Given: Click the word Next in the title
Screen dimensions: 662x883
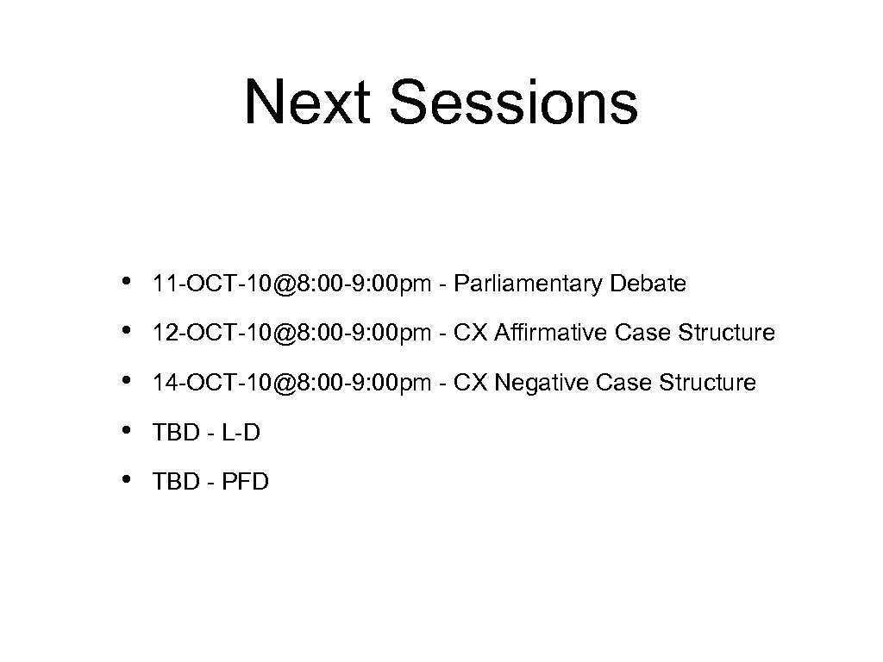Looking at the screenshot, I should pos(310,102).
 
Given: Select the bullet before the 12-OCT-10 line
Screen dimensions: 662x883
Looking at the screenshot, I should pos(127,330).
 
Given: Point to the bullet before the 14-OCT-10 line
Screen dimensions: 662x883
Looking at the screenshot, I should pos(127,380).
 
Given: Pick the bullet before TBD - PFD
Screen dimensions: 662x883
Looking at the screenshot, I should pos(127,479).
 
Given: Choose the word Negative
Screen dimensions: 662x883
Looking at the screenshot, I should pos(538,383).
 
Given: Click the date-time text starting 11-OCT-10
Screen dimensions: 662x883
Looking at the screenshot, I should pos(290,284).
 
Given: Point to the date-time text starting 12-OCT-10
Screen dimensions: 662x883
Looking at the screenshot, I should pos(290,333).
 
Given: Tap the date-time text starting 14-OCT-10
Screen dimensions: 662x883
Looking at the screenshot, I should pos(290,383).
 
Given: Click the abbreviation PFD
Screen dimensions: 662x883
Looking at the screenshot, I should pos(245,482).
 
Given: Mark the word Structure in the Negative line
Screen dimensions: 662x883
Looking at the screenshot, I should pos(709,383).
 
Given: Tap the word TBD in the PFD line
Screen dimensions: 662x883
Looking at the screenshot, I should pos(173,482).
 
